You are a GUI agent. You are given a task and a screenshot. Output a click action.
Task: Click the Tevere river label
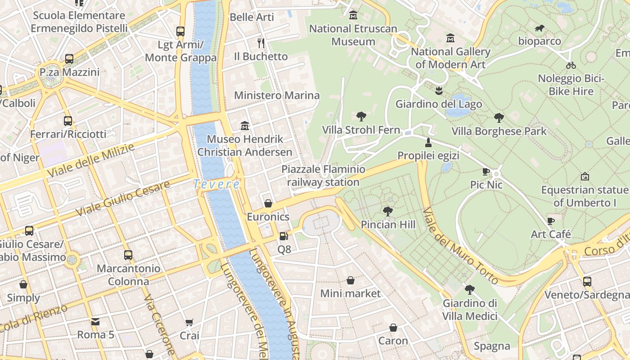point(216,184)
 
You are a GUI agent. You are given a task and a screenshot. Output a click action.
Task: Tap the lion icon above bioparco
point(540,29)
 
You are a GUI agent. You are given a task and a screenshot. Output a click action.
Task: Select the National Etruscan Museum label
point(353,35)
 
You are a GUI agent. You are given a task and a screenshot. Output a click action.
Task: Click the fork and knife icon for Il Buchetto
point(261,43)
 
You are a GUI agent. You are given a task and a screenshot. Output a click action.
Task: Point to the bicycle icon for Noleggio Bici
point(571,65)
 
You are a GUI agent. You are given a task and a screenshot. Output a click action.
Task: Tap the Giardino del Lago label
point(438,104)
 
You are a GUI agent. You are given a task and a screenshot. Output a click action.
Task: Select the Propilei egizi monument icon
point(428,143)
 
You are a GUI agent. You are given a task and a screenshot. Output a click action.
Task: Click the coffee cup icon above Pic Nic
point(486,171)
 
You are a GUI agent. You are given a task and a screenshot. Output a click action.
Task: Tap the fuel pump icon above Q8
point(283,236)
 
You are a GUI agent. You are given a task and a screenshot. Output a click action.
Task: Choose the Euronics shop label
point(268,217)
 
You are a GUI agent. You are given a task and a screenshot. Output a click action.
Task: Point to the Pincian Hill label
point(388,224)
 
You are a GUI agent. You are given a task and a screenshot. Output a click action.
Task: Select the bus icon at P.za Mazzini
point(69,59)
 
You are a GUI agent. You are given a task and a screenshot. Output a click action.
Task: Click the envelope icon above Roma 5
point(95,322)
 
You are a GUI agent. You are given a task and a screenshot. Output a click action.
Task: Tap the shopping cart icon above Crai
point(189,323)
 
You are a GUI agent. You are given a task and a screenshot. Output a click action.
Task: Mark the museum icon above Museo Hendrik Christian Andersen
point(245,125)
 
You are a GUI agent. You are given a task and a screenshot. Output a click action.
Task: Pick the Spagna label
point(492,346)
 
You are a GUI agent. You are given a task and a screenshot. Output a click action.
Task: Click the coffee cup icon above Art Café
point(550,221)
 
